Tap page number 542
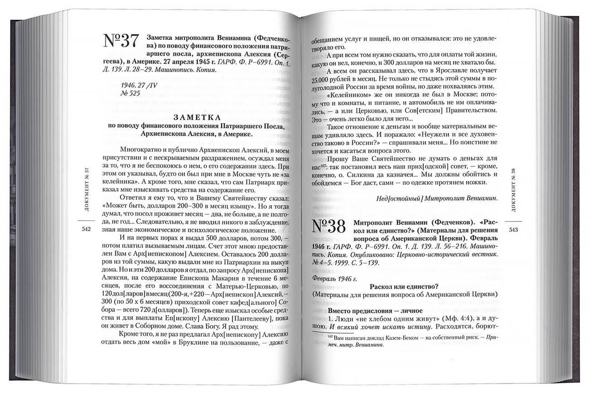tap(87, 229)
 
